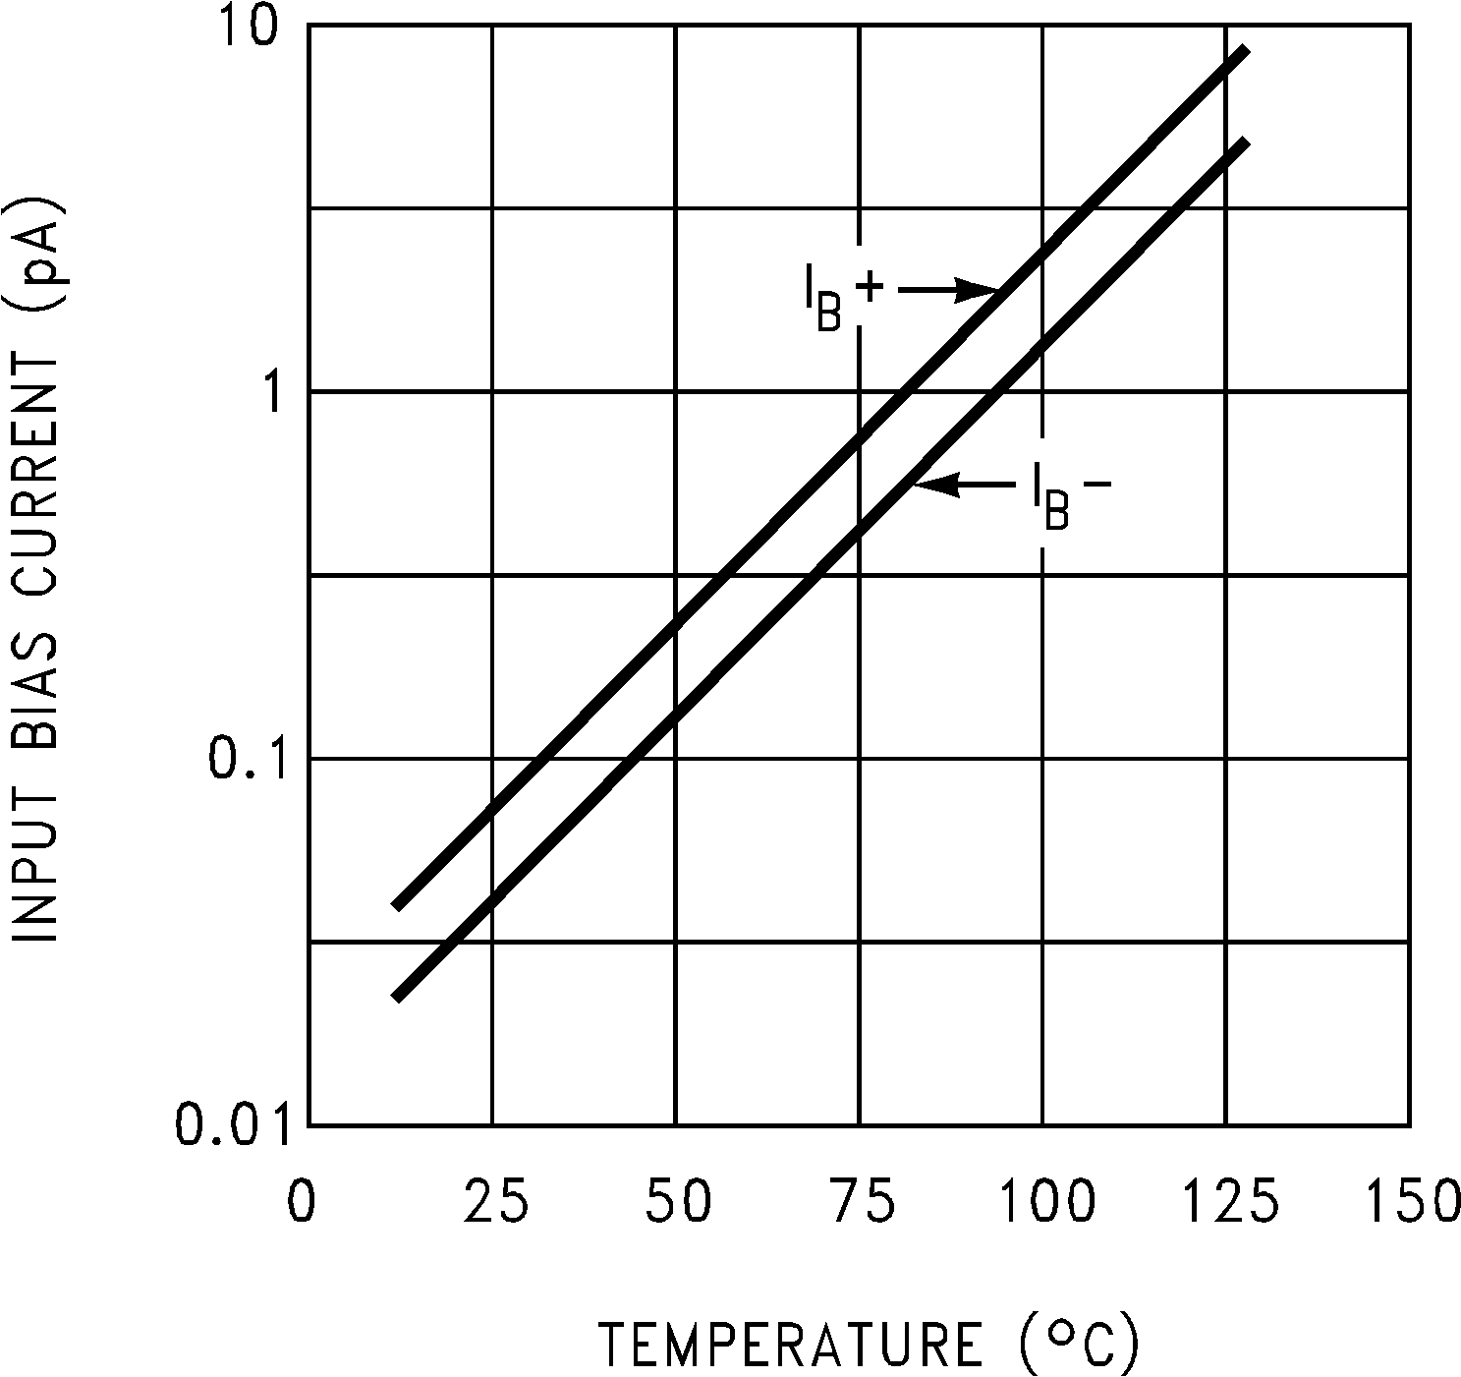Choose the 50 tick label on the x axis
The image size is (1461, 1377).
[x=678, y=1201]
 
